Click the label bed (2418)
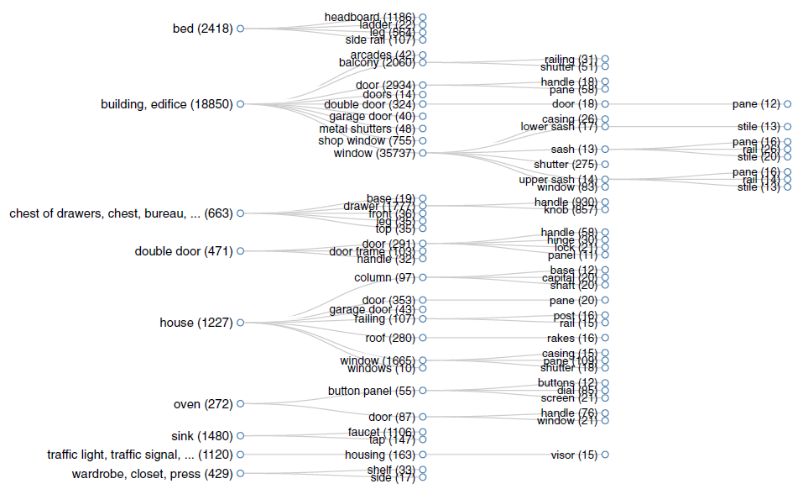pos(202,29)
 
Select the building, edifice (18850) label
pos(166,104)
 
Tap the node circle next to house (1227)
pos(240,323)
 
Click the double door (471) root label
pos(184,251)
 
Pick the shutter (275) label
pos(566,165)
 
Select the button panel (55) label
pos(371,391)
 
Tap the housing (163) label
pos(376,455)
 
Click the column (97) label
pos(384,277)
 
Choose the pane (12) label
pos(756,104)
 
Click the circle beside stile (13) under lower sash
pos(788,127)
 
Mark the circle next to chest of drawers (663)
pos(240,213)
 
